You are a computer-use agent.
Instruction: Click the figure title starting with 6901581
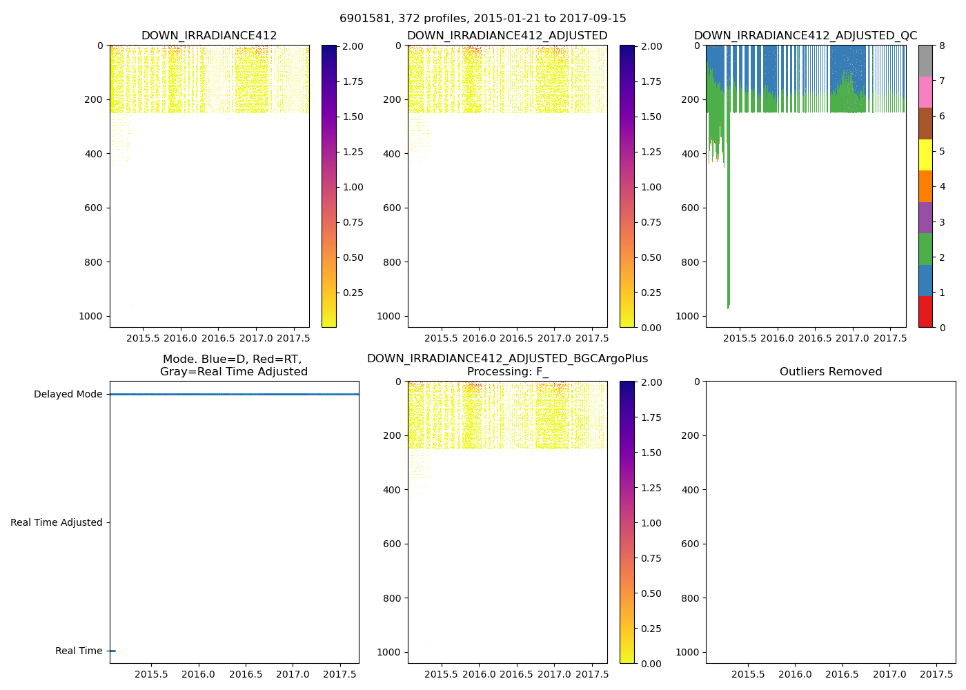[x=482, y=19]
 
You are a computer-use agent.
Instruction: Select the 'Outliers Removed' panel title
[x=830, y=372]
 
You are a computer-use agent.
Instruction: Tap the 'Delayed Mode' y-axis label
[x=68, y=395]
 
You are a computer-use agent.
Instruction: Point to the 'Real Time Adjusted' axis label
[x=56, y=523]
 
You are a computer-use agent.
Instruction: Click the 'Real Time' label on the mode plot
[x=79, y=651]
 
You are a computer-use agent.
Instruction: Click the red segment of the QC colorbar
[x=925, y=312]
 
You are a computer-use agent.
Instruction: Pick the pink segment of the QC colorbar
[x=925, y=92]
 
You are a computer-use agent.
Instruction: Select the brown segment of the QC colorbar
[x=925, y=124]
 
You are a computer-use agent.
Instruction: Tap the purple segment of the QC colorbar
[x=925, y=218]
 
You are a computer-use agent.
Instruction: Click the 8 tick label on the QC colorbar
[x=942, y=46]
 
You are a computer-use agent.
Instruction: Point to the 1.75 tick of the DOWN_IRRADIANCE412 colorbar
[x=353, y=81]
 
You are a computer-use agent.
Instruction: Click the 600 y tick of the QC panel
[x=691, y=208]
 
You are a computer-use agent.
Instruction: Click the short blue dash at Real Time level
[x=112, y=651]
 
